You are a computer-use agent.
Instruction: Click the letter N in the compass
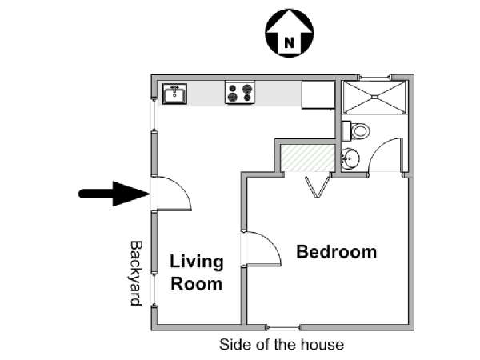(x=289, y=42)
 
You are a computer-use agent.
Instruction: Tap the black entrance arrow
(x=114, y=194)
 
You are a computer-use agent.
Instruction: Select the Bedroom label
(x=337, y=252)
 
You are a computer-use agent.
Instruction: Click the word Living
(x=197, y=262)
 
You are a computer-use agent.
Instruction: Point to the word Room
(x=197, y=284)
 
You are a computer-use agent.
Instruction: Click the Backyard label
(x=136, y=274)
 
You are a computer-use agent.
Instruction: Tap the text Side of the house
(x=282, y=345)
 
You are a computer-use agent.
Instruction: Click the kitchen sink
(x=174, y=94)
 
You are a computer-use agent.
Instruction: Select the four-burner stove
(x=240, y=93)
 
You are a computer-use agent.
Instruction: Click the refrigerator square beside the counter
(x=318, y=95)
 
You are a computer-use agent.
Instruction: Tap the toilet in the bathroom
(x=355, y=131)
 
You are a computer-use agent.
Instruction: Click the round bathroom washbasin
(x=350, y=159)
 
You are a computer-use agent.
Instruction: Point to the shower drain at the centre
(x=375, y=97)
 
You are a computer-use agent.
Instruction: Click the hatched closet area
(x=307, y=158)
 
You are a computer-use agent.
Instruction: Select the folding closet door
(x=318, y=186)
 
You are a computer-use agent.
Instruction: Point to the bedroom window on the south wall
(x=283, y=327)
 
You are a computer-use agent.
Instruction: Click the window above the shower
(x=375, y=77)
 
